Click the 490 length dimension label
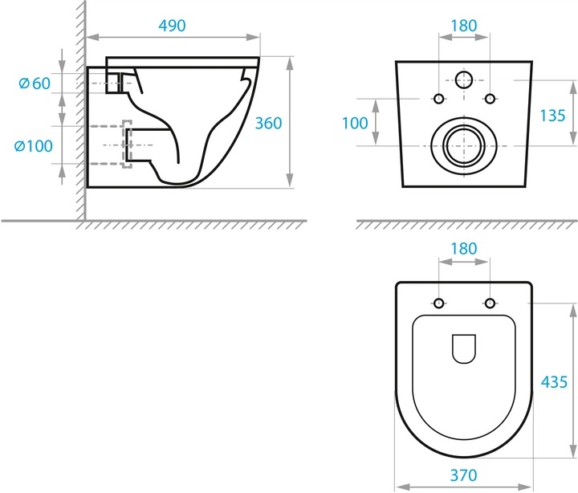click(x=172, y=26)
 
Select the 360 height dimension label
click(x=268, y=123)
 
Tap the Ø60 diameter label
click(x=35, y=84)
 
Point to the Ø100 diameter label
click(x=34, y=146)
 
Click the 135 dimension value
click(x=552, y=116)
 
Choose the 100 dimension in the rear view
click(x=355, y=123)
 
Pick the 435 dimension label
click(x=554, y=382)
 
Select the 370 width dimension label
click(x=464, y=475)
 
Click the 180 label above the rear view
click(x=464, y=26)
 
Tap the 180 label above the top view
click(x=464, y=249)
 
